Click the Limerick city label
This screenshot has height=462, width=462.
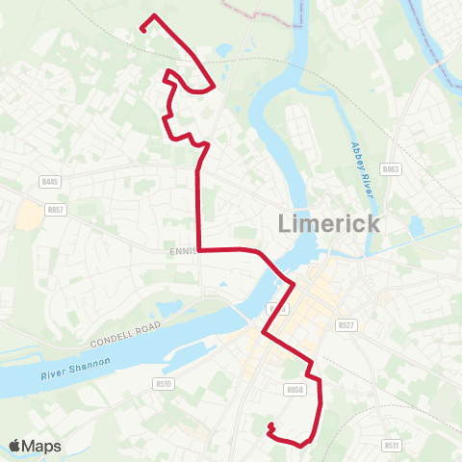328,224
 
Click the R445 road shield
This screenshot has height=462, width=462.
51,181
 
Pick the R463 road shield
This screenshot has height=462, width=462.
390,168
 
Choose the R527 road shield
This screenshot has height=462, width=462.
346,326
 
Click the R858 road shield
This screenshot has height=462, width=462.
295,390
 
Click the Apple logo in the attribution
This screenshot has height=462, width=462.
16,446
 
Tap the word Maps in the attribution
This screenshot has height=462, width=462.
43,446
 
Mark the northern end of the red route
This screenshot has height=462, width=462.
142,30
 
